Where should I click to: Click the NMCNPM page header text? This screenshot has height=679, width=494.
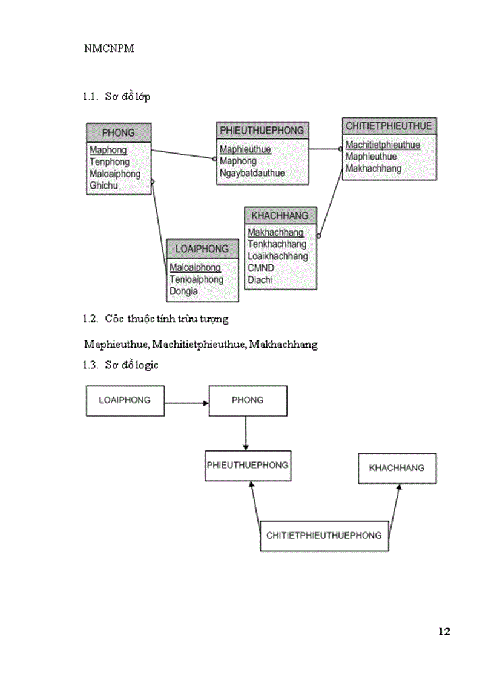[109, 49]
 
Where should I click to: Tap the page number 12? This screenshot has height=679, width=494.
[444, 631]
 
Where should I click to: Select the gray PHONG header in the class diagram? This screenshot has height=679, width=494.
[119, 132]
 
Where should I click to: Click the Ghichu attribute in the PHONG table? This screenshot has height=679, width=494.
[104, 186]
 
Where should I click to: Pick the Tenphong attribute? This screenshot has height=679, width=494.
[110, 162]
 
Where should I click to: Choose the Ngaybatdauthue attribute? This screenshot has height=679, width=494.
[252, 173]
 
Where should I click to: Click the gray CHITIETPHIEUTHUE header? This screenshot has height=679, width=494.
[389, 126]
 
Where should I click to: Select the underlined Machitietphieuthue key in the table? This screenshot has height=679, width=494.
[383, 145]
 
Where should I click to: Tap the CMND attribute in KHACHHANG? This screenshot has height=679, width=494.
[260, 268]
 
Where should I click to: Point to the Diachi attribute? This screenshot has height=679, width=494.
[260, 280]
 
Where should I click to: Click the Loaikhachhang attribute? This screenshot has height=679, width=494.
[277, 256]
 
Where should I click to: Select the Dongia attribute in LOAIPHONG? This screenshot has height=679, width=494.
[183, 291]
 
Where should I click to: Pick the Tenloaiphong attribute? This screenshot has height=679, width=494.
[196, 279]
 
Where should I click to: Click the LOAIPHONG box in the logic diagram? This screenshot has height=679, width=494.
[125, 400]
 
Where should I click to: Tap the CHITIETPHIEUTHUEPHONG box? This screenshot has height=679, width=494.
[324, 535]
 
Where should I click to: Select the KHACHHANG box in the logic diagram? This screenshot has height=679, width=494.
[397, 467]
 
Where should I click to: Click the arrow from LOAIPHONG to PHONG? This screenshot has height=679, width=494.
[186, 402]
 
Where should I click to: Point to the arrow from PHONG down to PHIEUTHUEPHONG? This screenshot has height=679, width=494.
[246, 433]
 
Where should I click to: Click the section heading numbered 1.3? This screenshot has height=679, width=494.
[121, 365]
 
